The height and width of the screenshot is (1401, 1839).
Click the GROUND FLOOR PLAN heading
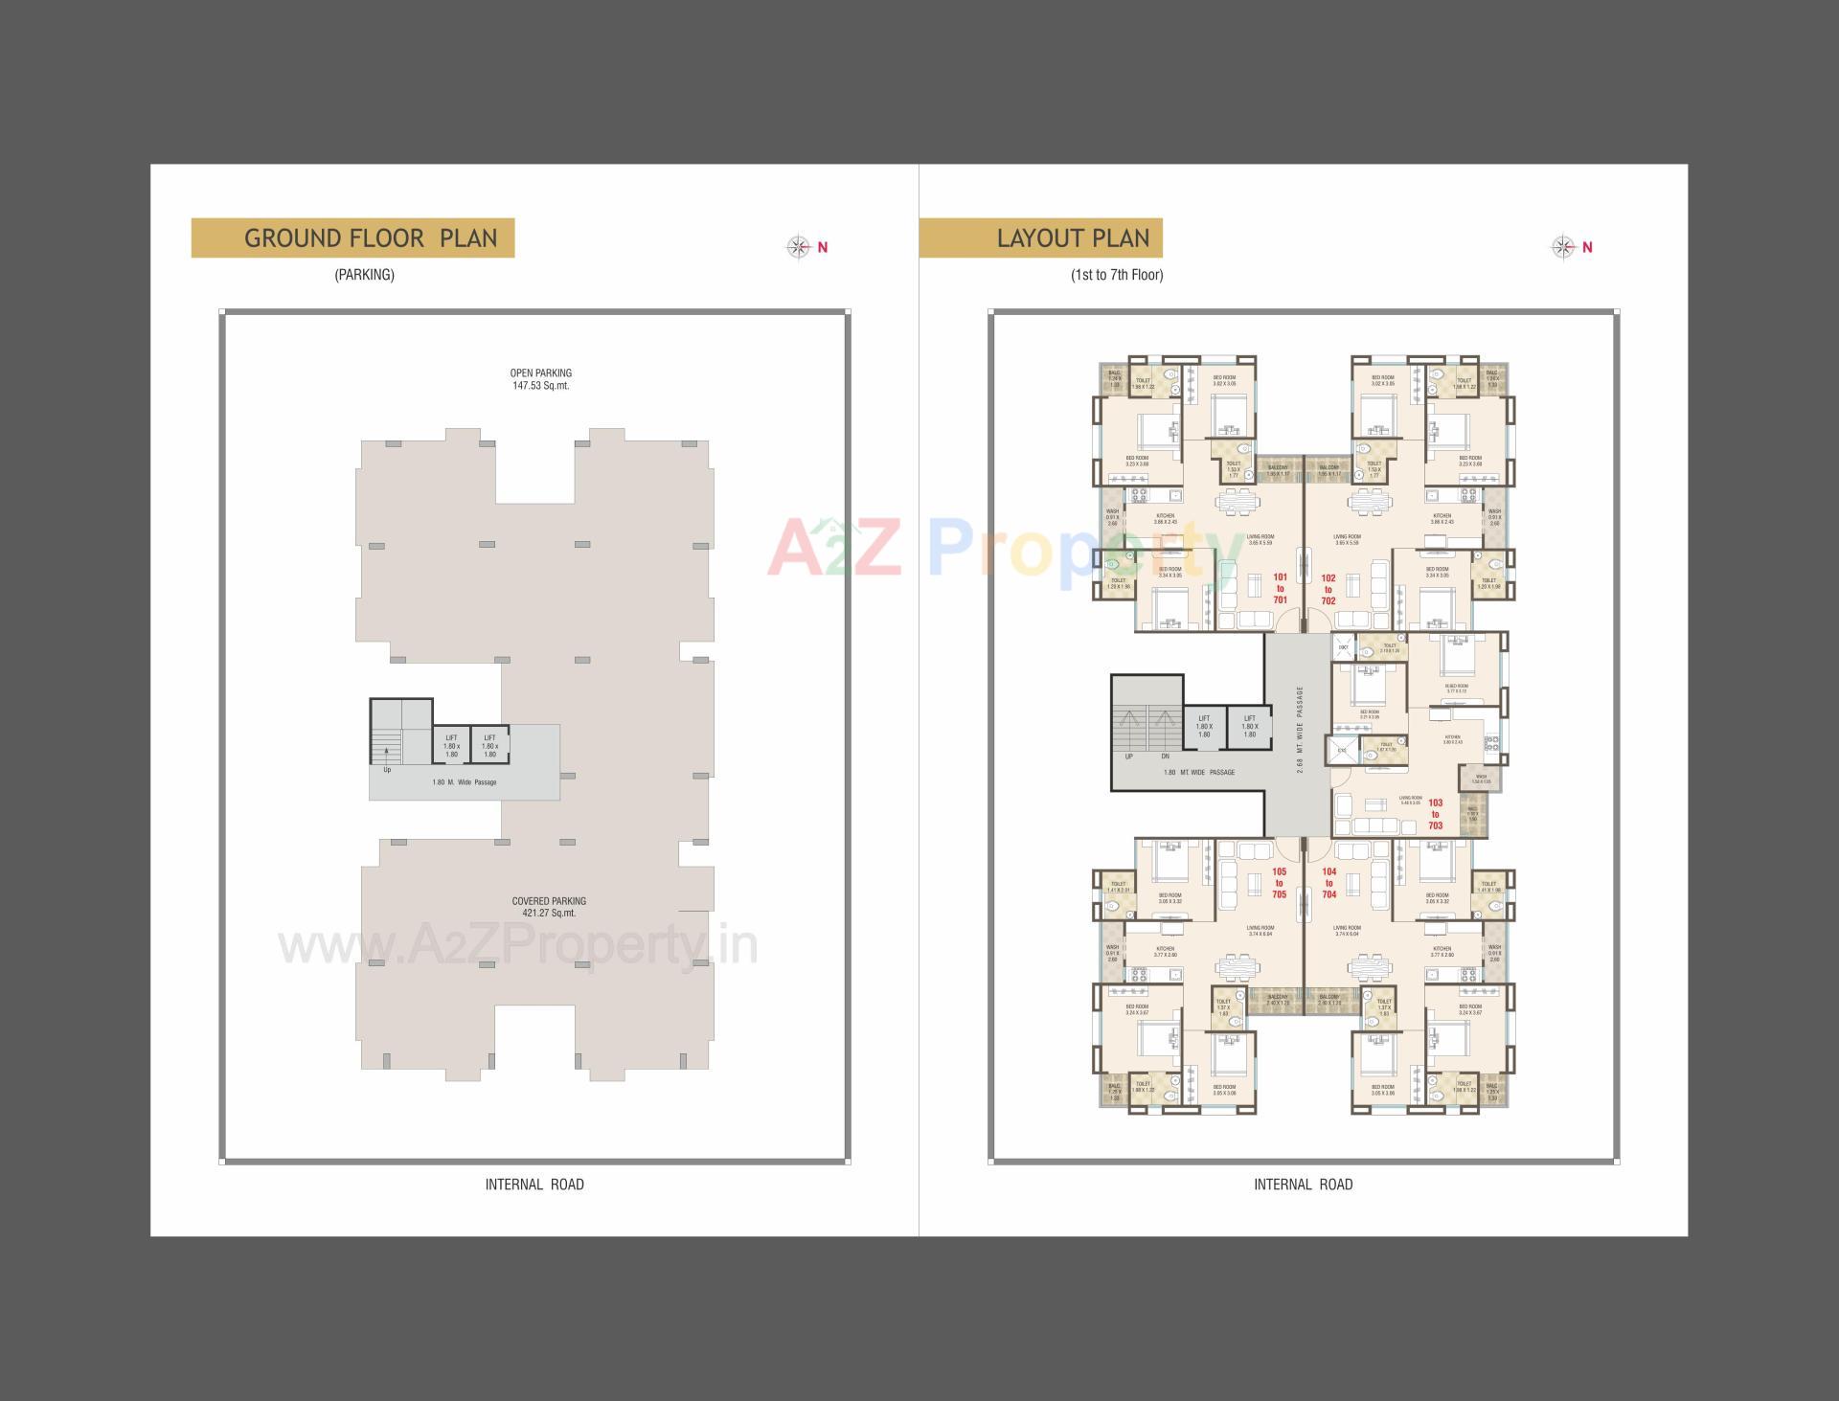point(371,238)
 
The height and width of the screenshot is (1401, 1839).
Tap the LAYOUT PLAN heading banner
point(1072,238)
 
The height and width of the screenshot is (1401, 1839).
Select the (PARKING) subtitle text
point(364,275)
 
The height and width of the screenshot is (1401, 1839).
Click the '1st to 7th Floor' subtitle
point(1117,275)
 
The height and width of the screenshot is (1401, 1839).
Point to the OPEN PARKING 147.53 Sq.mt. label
point(541,379)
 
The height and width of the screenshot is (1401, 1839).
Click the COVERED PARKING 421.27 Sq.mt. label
point(549,907)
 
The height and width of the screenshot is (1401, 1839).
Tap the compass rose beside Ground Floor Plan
point(799,247)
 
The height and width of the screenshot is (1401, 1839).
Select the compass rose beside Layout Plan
point(1563,247)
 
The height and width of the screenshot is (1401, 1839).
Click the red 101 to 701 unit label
point(1281,589)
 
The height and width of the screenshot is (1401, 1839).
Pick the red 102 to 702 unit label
point(1328,590)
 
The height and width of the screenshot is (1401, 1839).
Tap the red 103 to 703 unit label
point(1435,814)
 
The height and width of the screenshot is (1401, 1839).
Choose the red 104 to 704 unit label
point(1328,883)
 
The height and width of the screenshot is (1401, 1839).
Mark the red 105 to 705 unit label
point(1280,883)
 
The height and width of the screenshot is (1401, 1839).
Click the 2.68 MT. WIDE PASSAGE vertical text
point(1300,731)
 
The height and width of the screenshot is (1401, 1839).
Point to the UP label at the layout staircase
point(1129,757)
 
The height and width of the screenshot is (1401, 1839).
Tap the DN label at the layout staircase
point(1165,757)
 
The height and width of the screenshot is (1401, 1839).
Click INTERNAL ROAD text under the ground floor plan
point(534,1185)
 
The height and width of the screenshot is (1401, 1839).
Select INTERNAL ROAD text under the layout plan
point(1303,1185)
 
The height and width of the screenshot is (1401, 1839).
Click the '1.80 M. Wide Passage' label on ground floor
point(465,782)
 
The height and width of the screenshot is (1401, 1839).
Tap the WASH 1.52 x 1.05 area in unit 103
point(1481,780)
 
